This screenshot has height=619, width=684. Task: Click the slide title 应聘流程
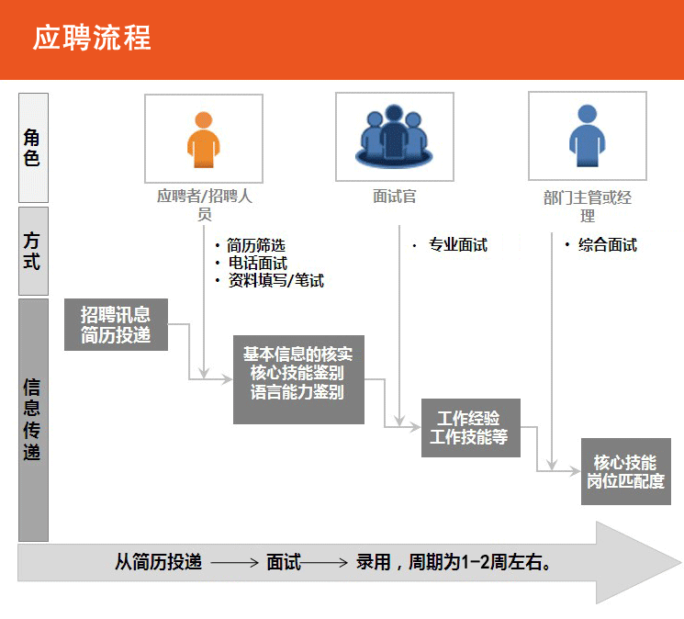[92, 39]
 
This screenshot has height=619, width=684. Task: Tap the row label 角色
[33, 147]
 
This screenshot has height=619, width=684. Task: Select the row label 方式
[33, 251]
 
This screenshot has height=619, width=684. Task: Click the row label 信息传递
[33, 419]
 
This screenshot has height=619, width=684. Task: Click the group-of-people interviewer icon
[394, 138]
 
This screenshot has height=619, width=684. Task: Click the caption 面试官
[395, 197]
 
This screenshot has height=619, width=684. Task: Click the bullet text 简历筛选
[256, 245]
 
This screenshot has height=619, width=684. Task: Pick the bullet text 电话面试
[257, 264]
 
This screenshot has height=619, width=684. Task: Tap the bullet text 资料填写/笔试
[275, 281]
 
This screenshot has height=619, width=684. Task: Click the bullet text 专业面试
[457, 245]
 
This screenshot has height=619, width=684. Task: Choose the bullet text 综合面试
[607, 245]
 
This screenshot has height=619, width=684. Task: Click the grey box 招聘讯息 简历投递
[116, 324]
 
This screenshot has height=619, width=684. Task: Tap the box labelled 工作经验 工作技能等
[469, 427]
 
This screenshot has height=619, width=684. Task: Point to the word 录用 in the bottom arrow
[374, 562]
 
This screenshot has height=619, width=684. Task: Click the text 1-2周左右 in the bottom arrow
[502, 562]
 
